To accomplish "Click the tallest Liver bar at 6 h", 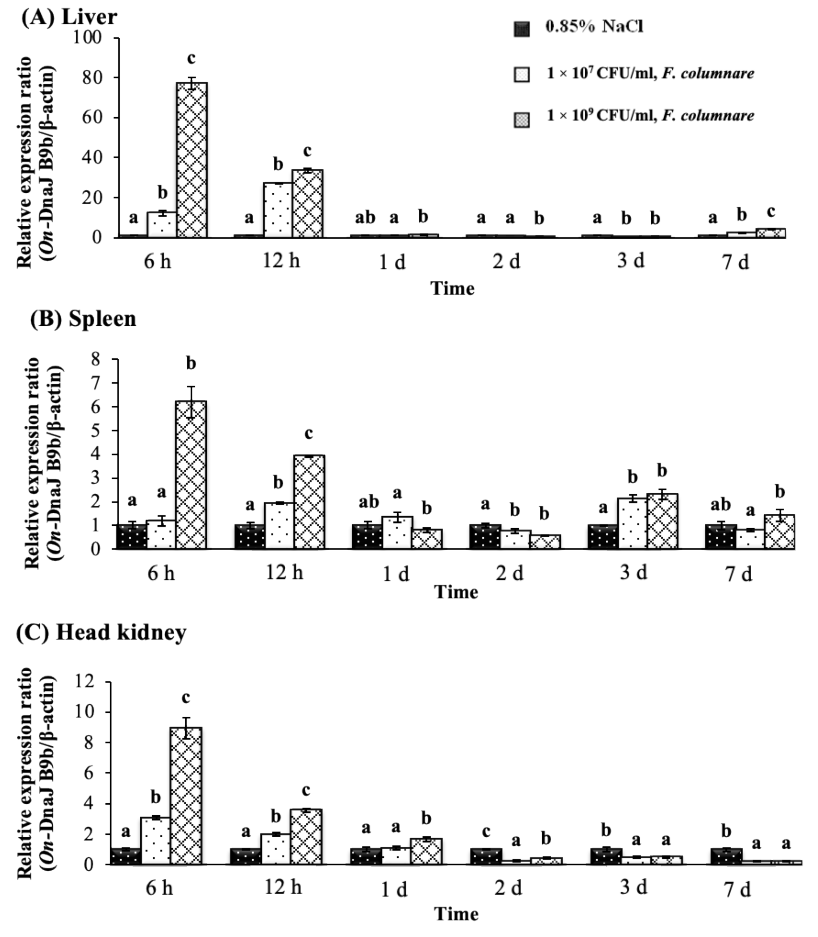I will point(192,160).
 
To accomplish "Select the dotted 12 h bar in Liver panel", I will point(278,210).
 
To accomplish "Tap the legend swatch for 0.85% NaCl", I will point(522,29).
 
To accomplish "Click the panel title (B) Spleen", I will point(83,319).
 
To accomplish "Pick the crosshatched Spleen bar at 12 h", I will point(309,502).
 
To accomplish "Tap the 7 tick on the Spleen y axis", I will point(95,383).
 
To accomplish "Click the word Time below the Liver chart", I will point(452,288).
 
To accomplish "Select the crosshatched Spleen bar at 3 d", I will point(662,521).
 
